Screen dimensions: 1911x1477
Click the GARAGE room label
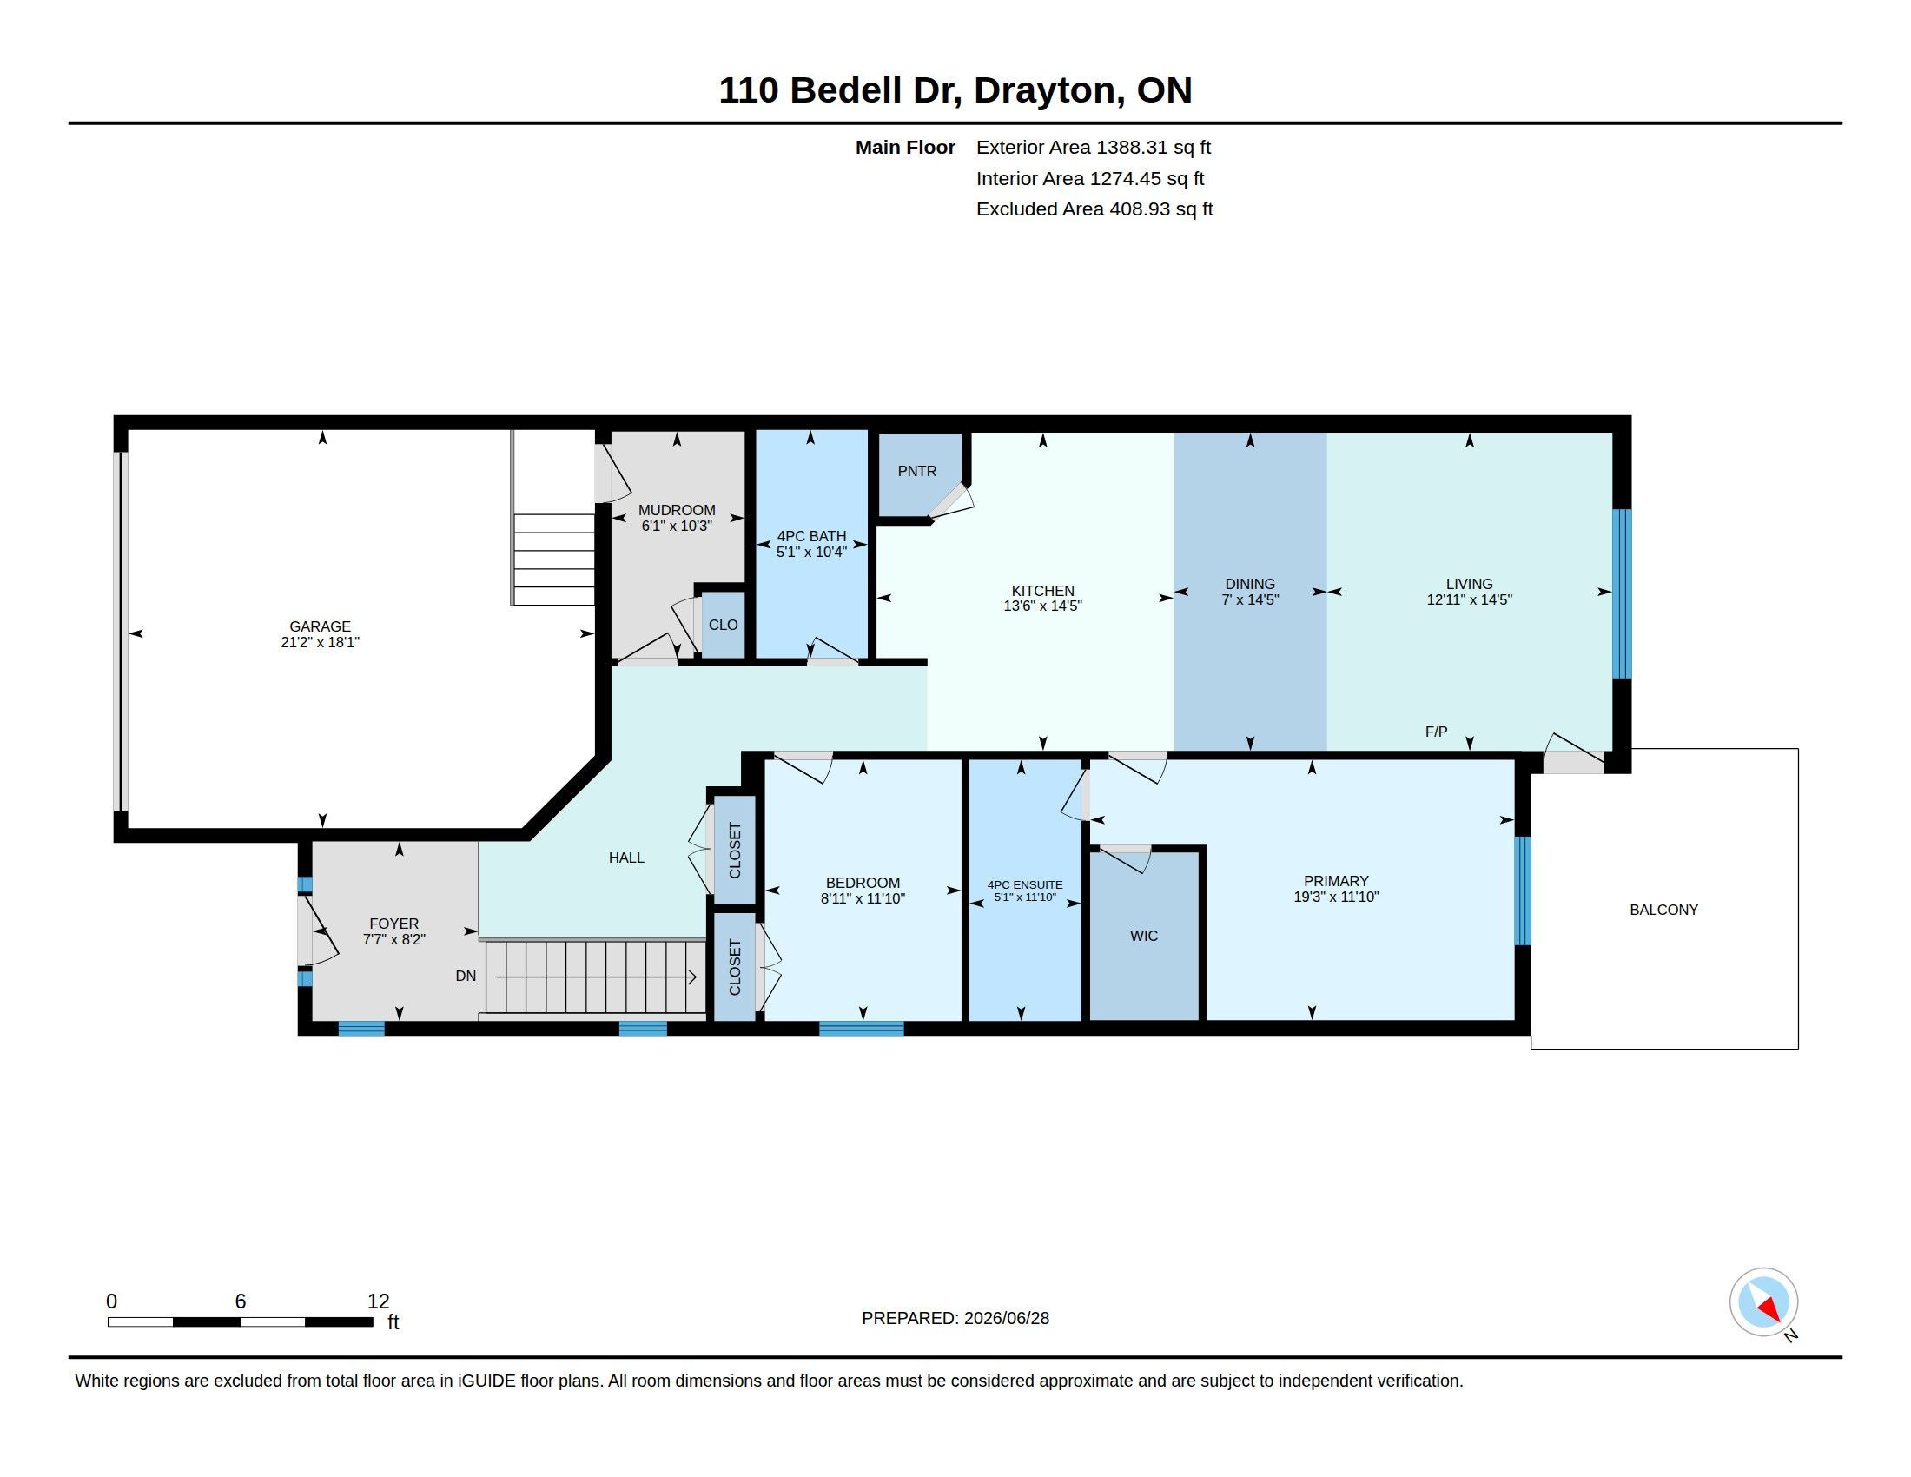point(321,626)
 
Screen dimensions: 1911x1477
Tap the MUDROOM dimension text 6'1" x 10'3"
point(677,526)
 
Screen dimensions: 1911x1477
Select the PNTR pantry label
point(917,471)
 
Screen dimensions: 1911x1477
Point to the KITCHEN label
point(1043,591)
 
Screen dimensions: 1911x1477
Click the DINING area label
point(1249,584)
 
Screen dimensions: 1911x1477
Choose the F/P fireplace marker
point(1436,732)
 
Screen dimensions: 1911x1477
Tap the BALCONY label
point(1663,910)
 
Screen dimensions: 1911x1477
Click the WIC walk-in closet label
point(1144,936)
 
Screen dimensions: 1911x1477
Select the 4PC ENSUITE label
point(1025,884)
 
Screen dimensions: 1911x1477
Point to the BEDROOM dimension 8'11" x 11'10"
point(863,898)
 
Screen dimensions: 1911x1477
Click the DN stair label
point(466,976)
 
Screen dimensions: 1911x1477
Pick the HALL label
point(626,858)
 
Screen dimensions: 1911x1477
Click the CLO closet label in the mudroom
point(723,625)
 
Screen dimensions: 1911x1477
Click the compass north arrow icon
point(1764,1303)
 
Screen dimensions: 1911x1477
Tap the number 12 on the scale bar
point(378,1301)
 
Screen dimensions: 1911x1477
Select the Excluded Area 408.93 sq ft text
point(1094,209)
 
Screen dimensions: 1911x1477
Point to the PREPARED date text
point(955,1318)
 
